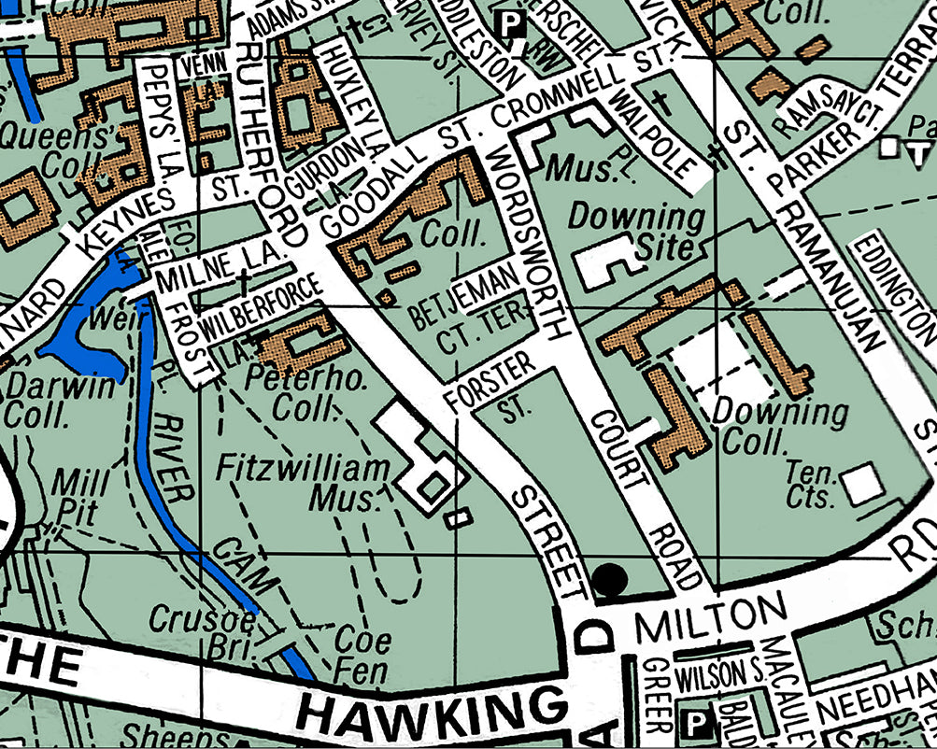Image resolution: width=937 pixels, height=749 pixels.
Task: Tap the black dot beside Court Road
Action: (x=610, y=580)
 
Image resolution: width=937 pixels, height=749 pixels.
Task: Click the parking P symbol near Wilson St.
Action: (x=696, y=722)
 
